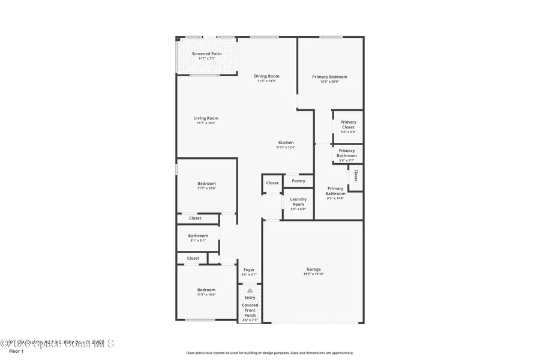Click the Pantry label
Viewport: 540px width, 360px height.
[298, 181]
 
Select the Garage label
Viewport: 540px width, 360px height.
[314, 269]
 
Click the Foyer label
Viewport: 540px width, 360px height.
[249, 270]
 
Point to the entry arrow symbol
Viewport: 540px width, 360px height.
[250, 290]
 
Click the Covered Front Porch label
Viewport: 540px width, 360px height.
[250, 310]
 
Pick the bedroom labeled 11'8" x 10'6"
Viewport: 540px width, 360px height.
[206, 292]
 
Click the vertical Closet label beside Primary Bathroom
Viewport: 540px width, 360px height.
[356, 175]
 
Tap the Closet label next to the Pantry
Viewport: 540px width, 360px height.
[272, 183]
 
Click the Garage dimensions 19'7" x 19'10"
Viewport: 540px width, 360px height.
[314, 274]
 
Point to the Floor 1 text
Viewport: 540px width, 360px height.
[16, 351]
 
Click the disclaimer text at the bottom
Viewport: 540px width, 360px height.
[269, 353]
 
